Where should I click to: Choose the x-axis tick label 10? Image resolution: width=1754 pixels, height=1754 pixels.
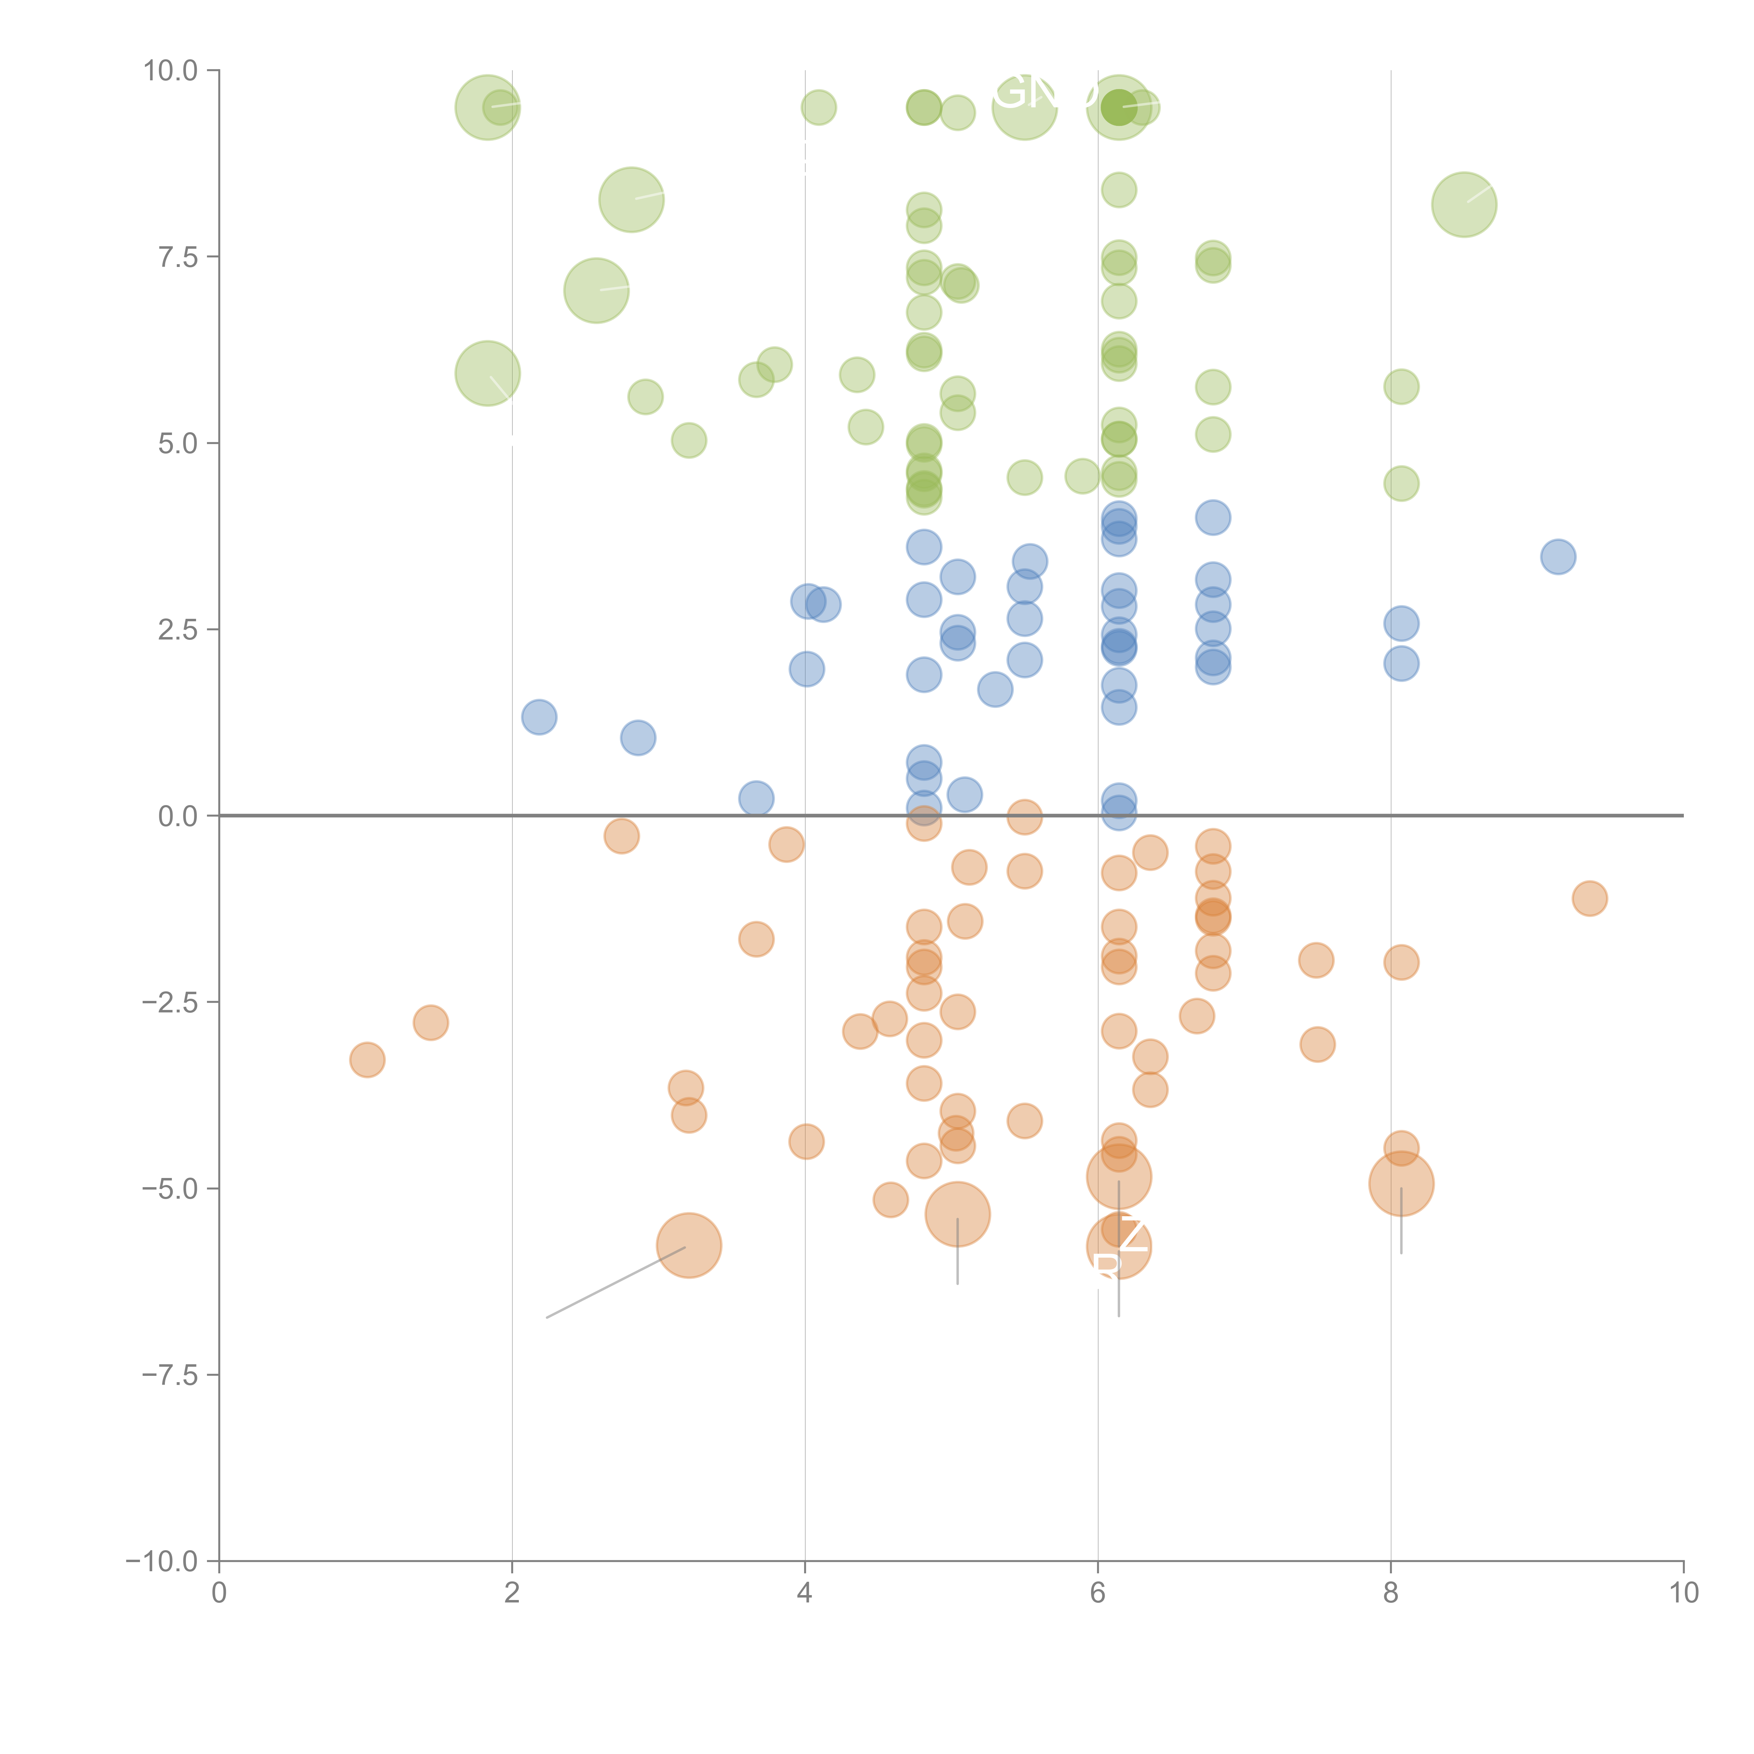1683,1593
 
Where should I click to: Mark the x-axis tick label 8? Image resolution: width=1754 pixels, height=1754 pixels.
1391,1593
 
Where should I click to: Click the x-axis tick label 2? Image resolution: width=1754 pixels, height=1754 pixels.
512,1593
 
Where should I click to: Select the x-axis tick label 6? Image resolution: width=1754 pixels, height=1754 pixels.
1098,1593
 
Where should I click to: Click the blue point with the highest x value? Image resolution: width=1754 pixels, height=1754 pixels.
1558,556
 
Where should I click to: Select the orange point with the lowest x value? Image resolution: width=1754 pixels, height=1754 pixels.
367,1059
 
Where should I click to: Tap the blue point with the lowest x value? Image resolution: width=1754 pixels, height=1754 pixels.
539,717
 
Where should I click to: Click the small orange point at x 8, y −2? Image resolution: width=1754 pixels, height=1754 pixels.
1401,962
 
